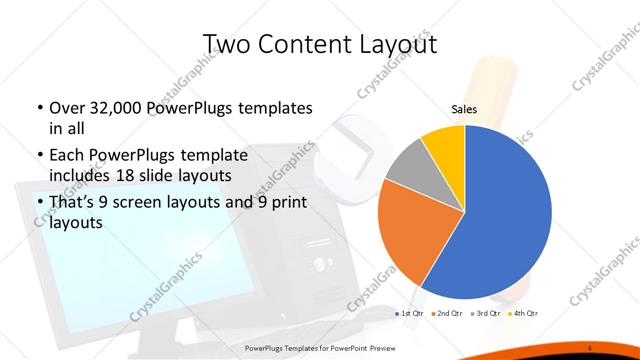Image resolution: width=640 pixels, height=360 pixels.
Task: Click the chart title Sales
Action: pos(463,108)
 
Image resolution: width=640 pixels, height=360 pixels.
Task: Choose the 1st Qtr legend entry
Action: pos(410,315)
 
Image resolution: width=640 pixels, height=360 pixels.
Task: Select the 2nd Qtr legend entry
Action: pos(447,315)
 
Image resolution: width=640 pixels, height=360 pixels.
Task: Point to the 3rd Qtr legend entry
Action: pos(486,315)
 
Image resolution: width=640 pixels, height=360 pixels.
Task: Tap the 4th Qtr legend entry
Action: pos(524,315)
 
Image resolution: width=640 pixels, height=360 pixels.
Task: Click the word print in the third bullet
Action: pos(288,205)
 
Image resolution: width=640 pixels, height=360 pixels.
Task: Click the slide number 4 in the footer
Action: pos(591,346)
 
